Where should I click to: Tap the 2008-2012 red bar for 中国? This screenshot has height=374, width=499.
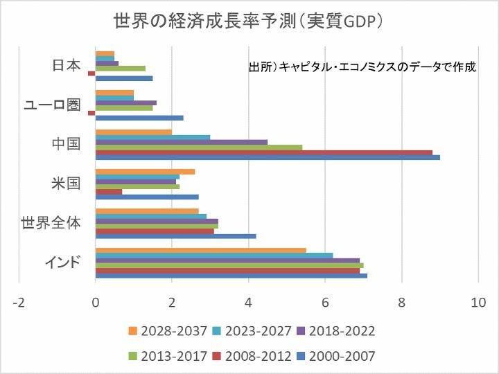(263, 152)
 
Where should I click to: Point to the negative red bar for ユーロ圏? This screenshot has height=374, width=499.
(91, 113)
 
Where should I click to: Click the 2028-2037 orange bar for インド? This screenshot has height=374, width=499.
(200, 250)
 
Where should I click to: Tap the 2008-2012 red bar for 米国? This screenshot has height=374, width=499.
(108, 192)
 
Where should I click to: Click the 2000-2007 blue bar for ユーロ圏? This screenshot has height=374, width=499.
(139, 118)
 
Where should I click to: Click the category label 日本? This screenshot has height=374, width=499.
(67, 66)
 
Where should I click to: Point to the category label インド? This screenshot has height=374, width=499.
(63, 262)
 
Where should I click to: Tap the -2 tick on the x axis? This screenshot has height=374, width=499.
(19, 302)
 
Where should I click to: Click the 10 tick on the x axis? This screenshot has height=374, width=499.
(478, 302)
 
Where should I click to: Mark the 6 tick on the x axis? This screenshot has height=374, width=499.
(324, 302)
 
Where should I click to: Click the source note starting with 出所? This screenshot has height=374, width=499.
(362, 68)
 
